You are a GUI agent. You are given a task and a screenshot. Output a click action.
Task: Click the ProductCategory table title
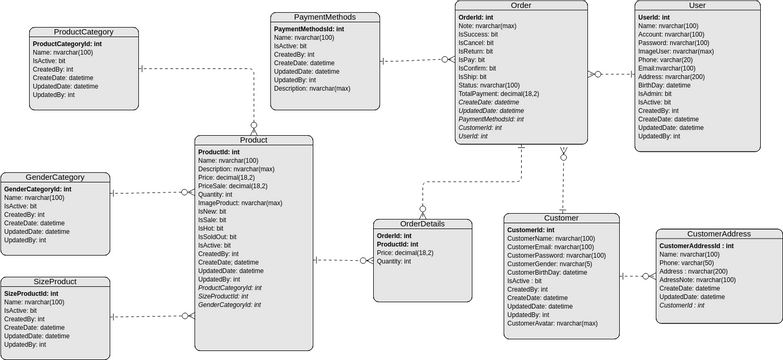(x=69, y=32)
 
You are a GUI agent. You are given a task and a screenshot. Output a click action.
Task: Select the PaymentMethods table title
(x=326, y=17)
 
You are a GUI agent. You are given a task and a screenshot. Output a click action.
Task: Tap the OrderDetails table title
(x=421, y=223)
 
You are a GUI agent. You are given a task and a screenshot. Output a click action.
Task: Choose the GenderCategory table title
(x=56, y=177)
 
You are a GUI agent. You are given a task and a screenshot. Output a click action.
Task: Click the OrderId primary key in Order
(x=476, y=18)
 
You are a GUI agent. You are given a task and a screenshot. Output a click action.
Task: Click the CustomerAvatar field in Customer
(x=553, y=323)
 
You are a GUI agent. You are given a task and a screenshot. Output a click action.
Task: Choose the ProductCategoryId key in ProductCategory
(x=67, y=44)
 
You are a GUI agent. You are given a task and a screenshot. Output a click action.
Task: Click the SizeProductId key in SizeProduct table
(x=39, y=294)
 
